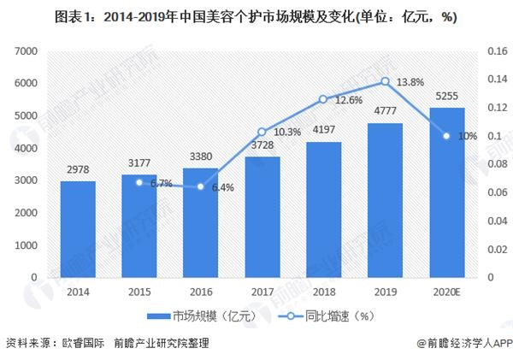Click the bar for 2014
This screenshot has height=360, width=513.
point(78,229)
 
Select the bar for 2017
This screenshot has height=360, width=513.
point(262,217)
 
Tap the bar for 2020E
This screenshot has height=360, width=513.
point(445,192)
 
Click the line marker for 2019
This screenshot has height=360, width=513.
point(384,81)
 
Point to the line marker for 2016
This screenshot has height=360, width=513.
point(201,186)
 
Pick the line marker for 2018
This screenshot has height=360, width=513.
point(323,99)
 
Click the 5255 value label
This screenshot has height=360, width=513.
point(445,97)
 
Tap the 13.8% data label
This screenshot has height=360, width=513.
point(412,81)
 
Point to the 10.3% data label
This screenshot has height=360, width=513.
point(286,132)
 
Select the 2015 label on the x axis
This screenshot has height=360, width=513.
point(139,292)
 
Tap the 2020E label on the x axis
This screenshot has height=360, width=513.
point(445,292)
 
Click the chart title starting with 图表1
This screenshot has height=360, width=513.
point(256,16)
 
